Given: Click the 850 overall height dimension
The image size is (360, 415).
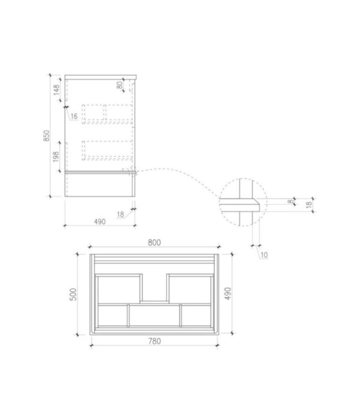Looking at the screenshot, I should tap(48, 136).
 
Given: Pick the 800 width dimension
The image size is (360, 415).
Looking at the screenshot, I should tap(155, 242).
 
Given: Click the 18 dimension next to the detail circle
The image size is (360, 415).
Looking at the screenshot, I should tap(308, 204).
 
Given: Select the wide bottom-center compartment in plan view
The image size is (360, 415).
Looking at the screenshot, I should tap(154, 315).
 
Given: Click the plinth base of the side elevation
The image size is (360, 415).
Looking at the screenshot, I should tap(100, 184).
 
